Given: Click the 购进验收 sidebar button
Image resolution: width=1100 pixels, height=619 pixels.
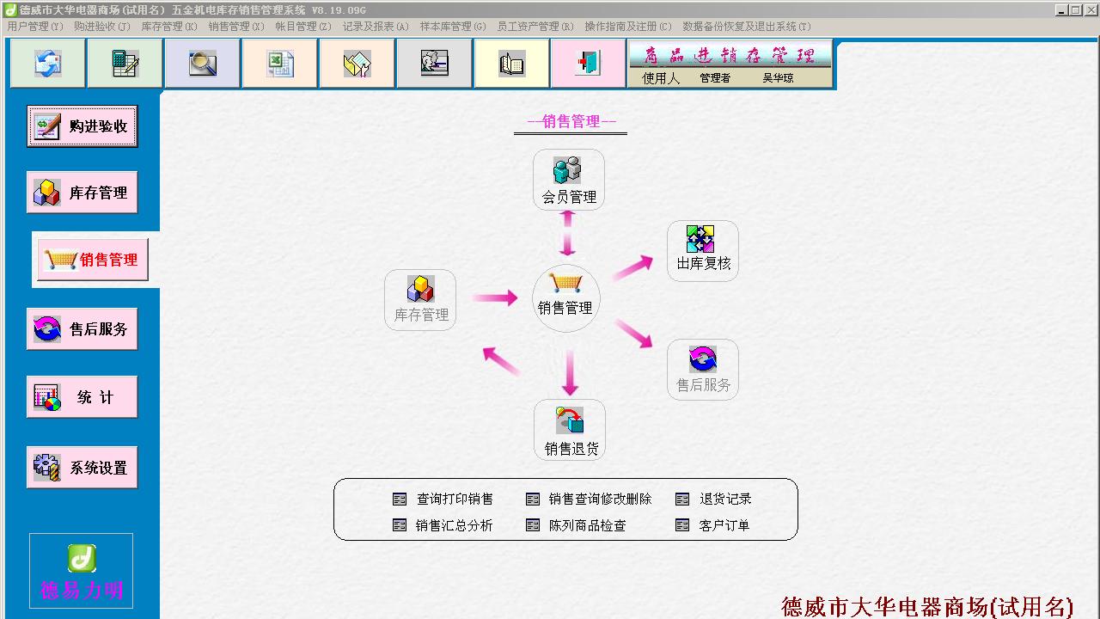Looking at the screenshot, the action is coord(82,126).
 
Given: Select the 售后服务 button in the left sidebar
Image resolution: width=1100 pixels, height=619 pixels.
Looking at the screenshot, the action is coord(82,328).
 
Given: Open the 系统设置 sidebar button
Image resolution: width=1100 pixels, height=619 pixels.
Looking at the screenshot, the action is coord(82,467).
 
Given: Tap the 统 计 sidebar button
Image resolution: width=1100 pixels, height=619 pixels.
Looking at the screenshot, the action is coord(82,397).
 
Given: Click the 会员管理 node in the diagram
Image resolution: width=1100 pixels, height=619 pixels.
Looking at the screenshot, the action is coord(569,180).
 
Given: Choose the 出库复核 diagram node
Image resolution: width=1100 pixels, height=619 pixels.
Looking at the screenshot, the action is coord(703,250).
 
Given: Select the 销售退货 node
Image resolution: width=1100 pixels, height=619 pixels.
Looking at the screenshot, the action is coord(570,430).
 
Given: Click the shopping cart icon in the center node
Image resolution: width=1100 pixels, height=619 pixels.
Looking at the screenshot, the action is coord(565,283).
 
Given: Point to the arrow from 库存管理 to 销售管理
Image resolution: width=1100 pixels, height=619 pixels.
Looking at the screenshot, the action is coord(495,297).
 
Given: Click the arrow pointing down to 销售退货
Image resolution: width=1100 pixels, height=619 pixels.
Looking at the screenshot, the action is coord(570,373).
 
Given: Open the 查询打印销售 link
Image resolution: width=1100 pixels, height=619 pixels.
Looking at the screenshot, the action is coord(455,499).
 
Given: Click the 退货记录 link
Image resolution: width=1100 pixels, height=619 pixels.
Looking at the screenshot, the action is coord(725,499).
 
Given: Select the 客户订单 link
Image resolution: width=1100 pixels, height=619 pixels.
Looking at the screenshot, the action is coord(724,525).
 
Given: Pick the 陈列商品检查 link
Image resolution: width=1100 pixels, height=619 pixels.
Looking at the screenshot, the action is coord(587,525).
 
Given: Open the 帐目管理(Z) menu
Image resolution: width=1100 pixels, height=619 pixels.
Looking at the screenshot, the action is coord(303,27).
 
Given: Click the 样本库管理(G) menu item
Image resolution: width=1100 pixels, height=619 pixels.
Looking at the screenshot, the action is coord(453,27).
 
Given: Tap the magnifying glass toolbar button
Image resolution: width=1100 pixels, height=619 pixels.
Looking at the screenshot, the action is coord(202,64).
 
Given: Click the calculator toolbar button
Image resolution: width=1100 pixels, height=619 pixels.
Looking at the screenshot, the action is coord(125,64).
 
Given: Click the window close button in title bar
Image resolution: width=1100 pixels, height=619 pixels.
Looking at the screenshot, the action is coord(1091,9).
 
